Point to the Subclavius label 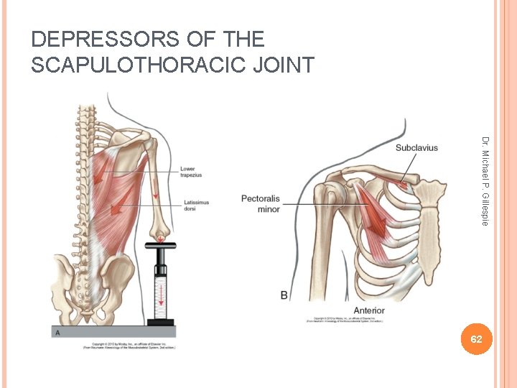click(416, 148)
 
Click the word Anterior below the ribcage click(368, 310)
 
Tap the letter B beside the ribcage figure click(284, 295)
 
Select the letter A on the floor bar click(57, 333)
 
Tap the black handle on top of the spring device click(162, 246)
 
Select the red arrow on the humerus click(157, 185)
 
